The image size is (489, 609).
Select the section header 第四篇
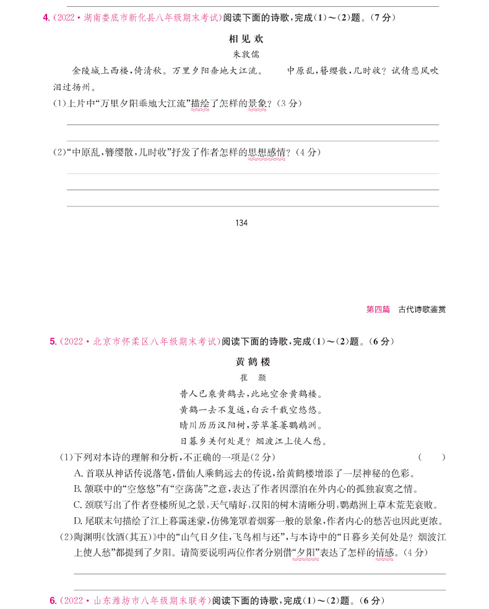pyautogui.click(x=378, y=309)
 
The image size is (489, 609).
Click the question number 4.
pyautogui.click(x=46, y=18)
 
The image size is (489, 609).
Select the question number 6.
pyautogui.click(x=52, y=600)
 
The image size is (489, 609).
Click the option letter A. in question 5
pyautogui.click(x=78, y=473)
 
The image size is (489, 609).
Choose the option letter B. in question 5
pyautogui.click(x=78, y=489)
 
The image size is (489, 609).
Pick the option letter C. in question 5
pyautogui.click(x=78, y=505)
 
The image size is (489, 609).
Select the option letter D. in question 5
pyautogui.click(x=78, y=521)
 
